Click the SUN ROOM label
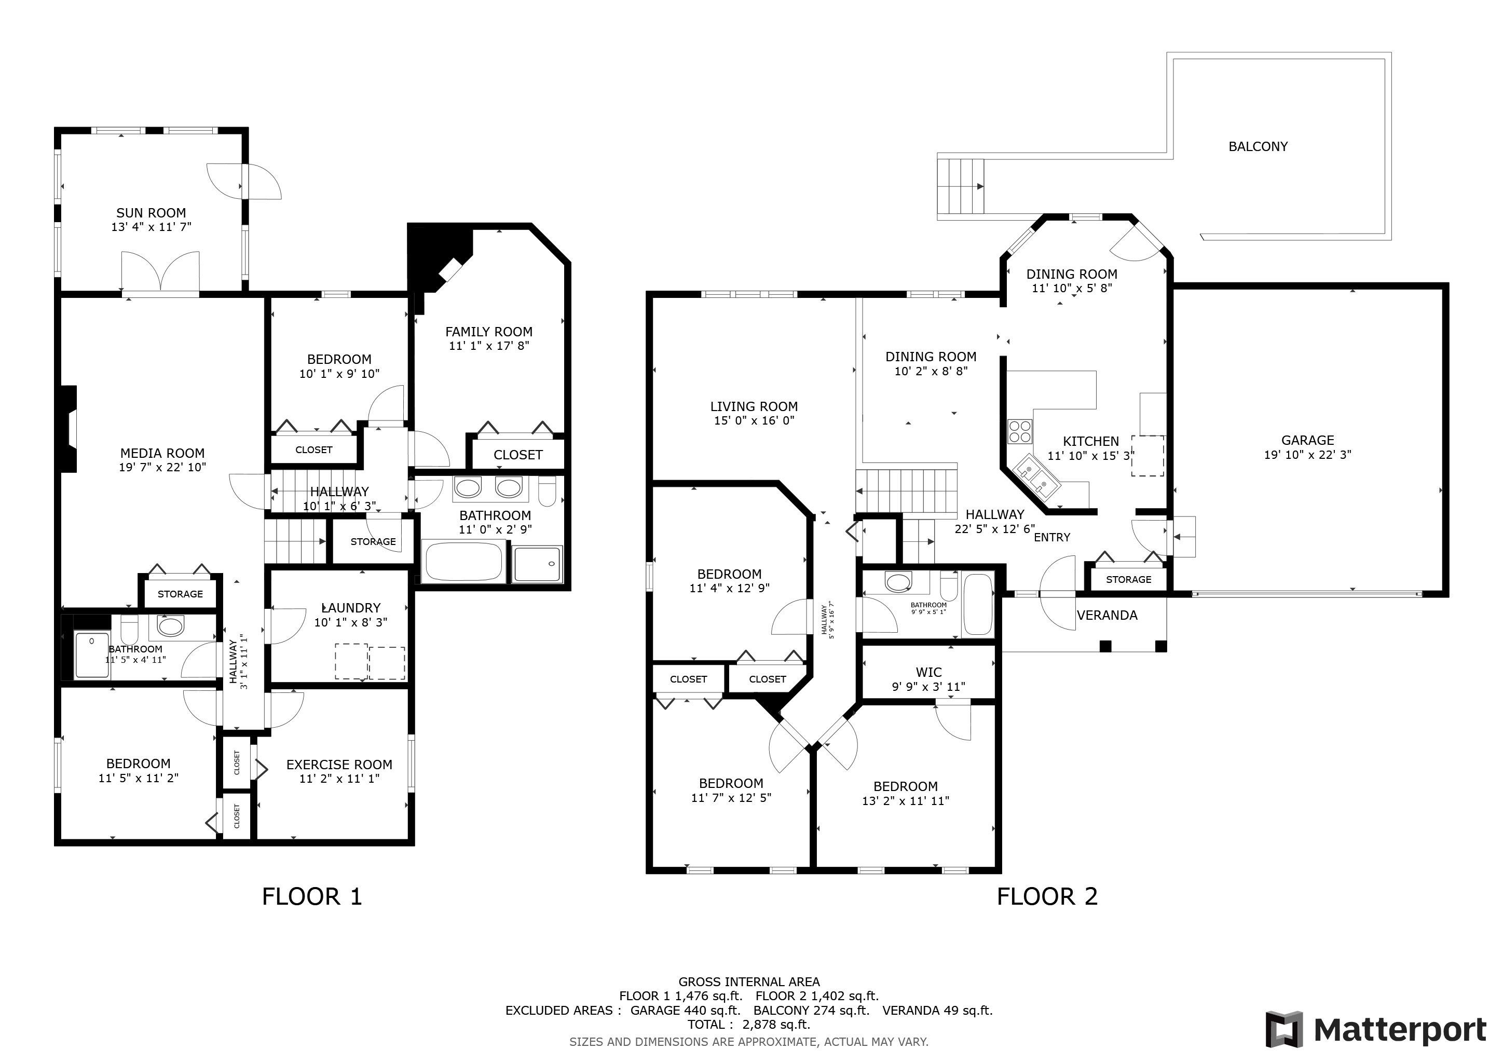click(151, 213)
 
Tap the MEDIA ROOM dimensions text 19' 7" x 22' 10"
click(162, 467)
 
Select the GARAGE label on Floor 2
click(1307, 441)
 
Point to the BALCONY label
click(1258, 146)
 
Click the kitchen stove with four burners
click(1020, 431)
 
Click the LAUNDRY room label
click(351, 608)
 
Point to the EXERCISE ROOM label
click(339, 765)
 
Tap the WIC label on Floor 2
click(929, 672)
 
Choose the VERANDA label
click(1107, 615)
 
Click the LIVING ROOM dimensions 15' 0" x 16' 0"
click(754, 421)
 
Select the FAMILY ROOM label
click(489, 332)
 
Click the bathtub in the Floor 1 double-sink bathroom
click(464, 562)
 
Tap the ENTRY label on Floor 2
click(1052, 537)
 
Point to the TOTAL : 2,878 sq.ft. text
click(749, 1025)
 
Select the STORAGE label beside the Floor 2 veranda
click(1129, 579)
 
